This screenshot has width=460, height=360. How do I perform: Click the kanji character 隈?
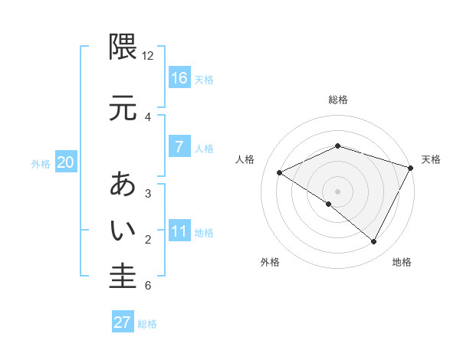pyautogui.click(x=123, y=47)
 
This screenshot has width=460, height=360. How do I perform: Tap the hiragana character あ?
pyautogui.click(x=123, y=185)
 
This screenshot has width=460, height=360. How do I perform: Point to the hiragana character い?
pyautogui.click(x=123, y=229)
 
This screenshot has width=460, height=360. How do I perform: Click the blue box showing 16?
pyautogui.click(x=179, y=78)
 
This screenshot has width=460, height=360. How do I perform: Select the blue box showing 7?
pyautogui.click(x=179, y=147)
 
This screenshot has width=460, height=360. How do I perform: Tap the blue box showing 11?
pyautogui.click(x=179, y=231)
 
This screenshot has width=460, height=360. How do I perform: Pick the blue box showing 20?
pyautogui.click(x=65, y=162)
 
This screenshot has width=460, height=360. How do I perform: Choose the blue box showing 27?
pyautogui.click(x=123, y=322)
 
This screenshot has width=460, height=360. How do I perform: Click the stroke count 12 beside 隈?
pyautogui.click(x=148, y=56)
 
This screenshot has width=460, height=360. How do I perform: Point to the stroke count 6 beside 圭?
pyautogui.click(x=148, y=286)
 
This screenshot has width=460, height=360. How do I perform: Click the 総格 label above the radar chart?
pyautogui.click(x=337, y=100)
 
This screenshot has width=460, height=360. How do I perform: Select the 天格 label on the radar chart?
pyautogui.click(x=431, y=159)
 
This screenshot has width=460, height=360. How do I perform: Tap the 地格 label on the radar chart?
pyautogui.click(x=402, y=262)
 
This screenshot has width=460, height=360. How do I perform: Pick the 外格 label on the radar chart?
pyautogui.click(x=270, y=262)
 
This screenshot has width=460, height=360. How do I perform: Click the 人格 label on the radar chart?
pyautogui.click(x=245, y=159)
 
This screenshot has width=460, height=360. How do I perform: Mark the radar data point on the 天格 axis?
pyautogui.click(x=412, y=167)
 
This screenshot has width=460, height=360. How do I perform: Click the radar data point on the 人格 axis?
pyautogui.click(x=280, y=173)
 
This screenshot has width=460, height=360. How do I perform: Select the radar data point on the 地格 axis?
pyautogui.click(x=374, y=241)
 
